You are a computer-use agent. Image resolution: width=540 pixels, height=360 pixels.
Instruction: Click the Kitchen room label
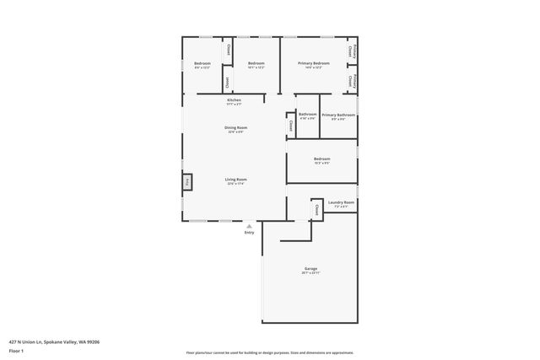[x=234, y=100]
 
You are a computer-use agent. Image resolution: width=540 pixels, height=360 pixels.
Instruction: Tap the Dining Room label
[x=234, y=127]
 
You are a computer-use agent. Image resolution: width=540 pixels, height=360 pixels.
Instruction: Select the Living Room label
[x=235, y=179]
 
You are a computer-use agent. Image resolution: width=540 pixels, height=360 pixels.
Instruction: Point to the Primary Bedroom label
[x=313, y=63]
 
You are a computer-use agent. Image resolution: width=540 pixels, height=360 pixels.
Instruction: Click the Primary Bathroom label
[x=338, y=115]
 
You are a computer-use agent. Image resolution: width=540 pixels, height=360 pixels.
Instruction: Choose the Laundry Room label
[x=342, y=202]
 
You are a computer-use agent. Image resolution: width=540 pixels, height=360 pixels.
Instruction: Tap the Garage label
[x=311, y=268]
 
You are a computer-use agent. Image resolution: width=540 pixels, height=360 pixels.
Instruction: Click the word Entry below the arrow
[x=249, y=233]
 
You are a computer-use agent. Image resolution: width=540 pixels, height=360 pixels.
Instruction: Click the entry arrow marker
[x=249, y=226]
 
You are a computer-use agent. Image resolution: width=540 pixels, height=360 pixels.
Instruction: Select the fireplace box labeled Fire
[x=187, y=181]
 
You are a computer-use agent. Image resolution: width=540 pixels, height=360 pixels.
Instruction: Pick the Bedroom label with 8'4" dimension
[x=202, y=63]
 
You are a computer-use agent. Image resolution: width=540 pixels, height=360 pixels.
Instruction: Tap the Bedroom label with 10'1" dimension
[x=256, y=63]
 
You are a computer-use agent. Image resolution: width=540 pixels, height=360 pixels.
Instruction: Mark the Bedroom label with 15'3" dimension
[x=321, y=159]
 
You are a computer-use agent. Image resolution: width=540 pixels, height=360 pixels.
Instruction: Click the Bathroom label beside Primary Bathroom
[x=307, y=114]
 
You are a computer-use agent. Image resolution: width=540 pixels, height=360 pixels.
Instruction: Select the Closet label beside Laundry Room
[x=316, y=207]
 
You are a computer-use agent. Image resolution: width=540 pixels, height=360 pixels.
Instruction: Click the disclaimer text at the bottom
[x=270, y=352]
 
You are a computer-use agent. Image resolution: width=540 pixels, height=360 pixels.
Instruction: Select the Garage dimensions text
[x=311, y=273]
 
